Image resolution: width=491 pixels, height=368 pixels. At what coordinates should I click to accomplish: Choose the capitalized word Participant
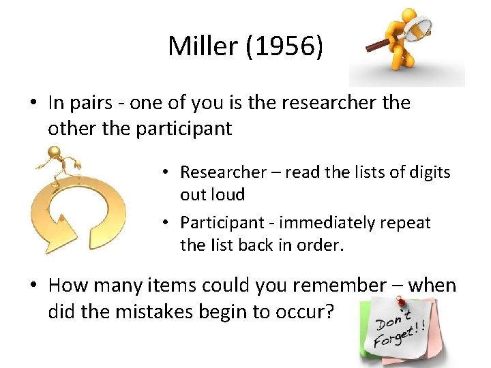(219, 223)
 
